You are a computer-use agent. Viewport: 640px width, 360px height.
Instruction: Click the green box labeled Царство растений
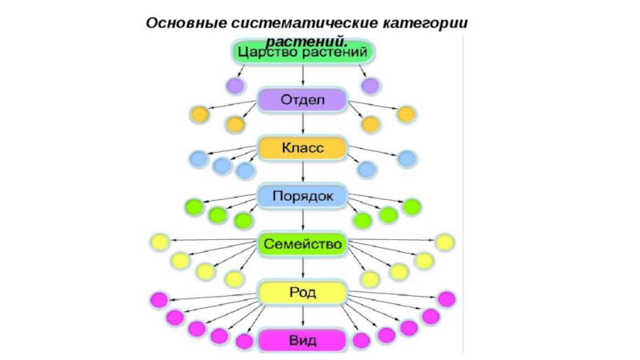302,52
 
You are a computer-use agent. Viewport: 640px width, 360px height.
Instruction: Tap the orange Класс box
302,148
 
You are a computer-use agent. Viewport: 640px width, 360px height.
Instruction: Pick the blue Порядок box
302,195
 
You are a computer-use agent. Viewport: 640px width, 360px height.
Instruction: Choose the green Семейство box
302,243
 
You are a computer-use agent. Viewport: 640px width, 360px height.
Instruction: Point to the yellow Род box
302,292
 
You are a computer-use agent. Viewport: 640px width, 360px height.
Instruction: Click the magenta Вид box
302,340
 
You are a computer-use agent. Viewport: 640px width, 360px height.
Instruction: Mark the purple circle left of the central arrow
234,85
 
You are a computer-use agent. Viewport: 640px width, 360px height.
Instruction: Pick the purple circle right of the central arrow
370,85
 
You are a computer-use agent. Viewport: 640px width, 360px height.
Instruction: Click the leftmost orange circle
198,114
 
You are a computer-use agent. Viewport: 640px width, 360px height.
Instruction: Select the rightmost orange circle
406,114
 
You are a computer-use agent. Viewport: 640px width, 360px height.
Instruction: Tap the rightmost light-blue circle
406,158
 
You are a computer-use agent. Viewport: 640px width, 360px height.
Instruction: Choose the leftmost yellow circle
159,242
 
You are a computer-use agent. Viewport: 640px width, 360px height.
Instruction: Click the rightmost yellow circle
444,242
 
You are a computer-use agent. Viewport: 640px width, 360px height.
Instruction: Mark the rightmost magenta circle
446,299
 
